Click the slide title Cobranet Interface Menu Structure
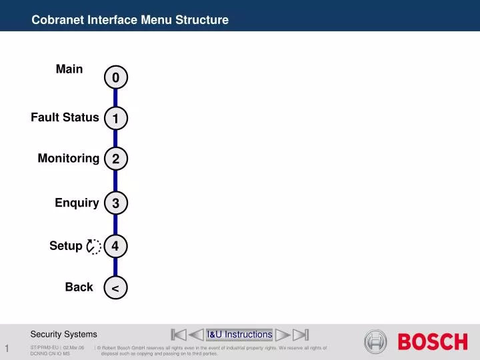(x=130, y=20)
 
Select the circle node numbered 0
(x=115, y=78)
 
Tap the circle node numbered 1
(x=115, y=119)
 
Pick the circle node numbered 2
(x=115, y=159)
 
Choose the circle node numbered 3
(x=115, y=203)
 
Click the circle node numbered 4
(x=115, y=247)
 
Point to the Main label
(x=69, y=69)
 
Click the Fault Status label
(x=65, y=117)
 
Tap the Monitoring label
(x=69, y=158)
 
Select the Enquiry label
(x=77, y=203)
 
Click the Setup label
(x=66, y=246)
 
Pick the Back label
(x=79, y=287)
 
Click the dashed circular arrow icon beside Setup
(x=94, y=247)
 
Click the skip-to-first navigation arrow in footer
(x=179, y=335)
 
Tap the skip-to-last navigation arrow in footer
(x=301, y=335)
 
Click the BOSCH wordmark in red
(x=433, y=342)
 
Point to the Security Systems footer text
(x=64, y=334)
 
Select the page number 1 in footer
(x=7, y=350)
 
